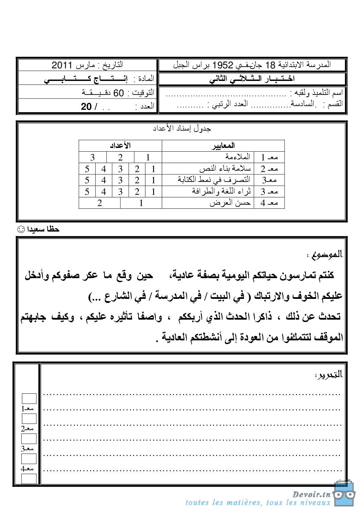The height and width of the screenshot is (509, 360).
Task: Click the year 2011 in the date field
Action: coord(62,65)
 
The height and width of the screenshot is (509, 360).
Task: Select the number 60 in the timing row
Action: coord(118,93)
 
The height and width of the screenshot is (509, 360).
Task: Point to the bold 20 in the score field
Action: coord(86,107)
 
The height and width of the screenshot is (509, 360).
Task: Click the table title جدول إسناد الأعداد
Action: coord(182,129)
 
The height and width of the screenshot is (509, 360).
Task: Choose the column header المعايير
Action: coord(223,146)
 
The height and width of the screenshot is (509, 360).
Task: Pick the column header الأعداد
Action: coord(120,146)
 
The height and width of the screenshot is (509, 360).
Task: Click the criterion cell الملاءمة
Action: coord(238,157)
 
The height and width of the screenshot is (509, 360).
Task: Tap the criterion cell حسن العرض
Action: coord(230,203)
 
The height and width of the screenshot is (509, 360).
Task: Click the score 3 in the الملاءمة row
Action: coord(92,157)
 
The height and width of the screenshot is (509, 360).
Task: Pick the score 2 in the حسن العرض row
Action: coord(99,203)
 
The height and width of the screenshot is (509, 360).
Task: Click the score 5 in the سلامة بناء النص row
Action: coord(87,169)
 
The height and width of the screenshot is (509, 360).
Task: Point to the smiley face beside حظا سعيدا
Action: coord(21,229)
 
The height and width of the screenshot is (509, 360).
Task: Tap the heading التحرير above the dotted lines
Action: coord(329,375)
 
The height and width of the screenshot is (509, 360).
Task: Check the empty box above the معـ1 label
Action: coord(29,398)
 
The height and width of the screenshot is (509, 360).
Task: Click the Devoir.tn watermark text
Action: coord(311,494)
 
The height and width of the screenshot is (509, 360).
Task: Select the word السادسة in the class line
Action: coord(302,104)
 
